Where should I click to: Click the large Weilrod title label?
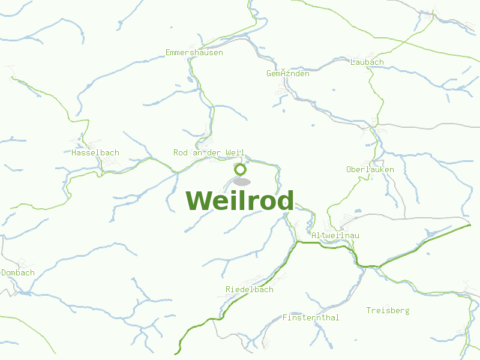point(240,200)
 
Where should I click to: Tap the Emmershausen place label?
point(194,53)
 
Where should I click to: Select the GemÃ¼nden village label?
point(288,74)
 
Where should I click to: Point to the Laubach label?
point(367,62)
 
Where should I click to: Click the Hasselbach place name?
point(95,153)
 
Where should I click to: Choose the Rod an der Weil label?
point(209,153)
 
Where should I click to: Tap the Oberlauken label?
point(370,170)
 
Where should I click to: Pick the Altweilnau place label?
point(335,236)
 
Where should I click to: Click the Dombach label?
point(18,273)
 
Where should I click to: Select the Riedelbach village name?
point(250,290)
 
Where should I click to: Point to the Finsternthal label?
point(311,318)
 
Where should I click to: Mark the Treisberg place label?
point(388,311)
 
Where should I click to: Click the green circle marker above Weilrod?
point(241,169)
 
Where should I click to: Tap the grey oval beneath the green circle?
point(242,181)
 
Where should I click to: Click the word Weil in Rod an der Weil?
point(235,153)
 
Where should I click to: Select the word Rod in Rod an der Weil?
point(181,153)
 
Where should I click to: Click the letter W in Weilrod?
point(199,200)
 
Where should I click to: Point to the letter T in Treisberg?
point(369,311)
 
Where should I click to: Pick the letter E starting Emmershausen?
point(168,53)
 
